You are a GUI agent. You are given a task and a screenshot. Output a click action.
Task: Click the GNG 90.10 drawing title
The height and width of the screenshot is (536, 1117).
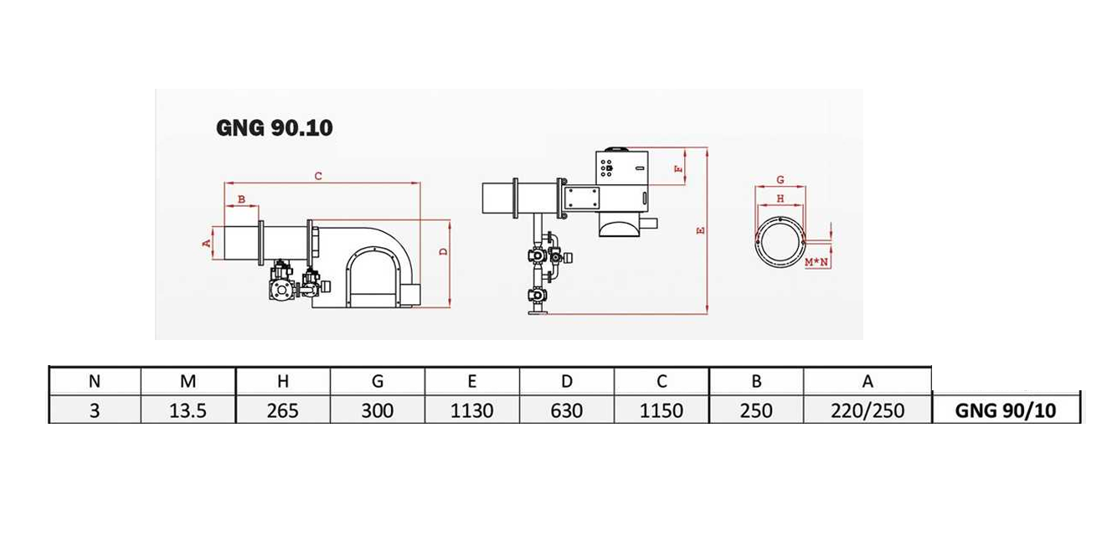[x=275, y=128]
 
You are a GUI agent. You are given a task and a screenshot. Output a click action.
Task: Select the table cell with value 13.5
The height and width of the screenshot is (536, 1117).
[x=188, y=410]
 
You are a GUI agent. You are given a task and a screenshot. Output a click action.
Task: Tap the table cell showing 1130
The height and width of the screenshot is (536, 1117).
[x=471, y=410]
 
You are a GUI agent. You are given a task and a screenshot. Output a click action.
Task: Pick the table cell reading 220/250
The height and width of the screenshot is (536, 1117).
[x=867, y=410]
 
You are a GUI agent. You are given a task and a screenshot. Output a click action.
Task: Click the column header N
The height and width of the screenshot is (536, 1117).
[x=95, y=381]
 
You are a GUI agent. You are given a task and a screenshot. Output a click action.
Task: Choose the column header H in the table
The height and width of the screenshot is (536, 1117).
[x=283, y=381]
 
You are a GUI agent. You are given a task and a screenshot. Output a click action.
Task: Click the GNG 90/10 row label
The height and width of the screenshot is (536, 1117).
[x=1006, y=410]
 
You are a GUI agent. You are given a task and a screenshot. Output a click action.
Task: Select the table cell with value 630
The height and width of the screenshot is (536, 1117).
[x=567, y=410]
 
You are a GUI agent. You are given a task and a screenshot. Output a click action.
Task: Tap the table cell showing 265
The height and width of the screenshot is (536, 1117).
[x=283, y=410]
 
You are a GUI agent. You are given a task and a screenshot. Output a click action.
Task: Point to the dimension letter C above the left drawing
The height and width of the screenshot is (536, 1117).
[x=318, y=176]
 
